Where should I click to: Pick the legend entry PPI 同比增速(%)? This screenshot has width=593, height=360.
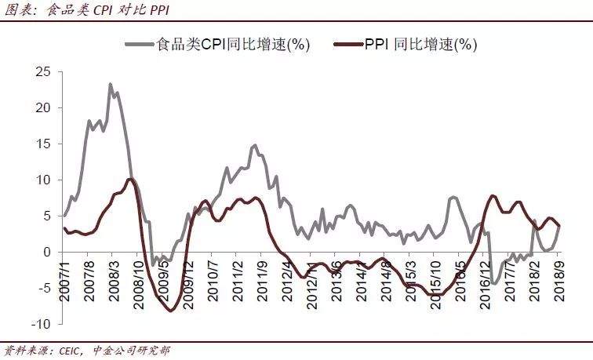coord(419,44)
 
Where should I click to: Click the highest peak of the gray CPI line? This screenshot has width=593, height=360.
coord(110,84)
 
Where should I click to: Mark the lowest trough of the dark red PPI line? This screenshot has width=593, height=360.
coord(169,311)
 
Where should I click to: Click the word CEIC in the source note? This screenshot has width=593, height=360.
coord(70,351)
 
